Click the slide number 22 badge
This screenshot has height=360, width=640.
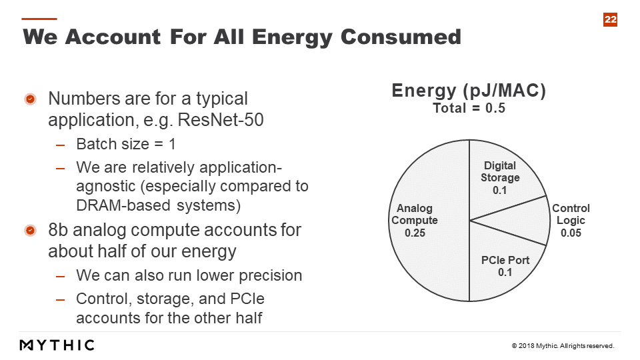coord(610,19)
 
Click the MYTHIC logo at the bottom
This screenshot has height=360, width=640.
coord(57,345)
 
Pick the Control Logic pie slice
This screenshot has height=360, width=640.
coord(527,221)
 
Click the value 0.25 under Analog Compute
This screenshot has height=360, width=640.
coord(415,233)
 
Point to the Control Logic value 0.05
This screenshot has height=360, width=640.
coord(571,233)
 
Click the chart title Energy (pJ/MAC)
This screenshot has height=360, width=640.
coord(469,90)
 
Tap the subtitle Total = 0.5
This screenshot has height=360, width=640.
coord(469,108)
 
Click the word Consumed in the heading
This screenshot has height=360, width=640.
coord(401,37)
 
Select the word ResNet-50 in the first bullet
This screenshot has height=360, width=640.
coord(221,120)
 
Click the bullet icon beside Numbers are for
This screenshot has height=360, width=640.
coord(30,99)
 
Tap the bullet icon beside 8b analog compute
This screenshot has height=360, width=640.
coord(30,231)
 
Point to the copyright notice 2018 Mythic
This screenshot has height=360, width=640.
coord(563,346)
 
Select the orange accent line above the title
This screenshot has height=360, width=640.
coord(39,19)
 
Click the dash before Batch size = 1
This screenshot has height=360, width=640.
coord(61,145)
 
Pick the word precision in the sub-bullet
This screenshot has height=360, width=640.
coord(271,276)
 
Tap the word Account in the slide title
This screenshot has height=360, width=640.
coord(113,37)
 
